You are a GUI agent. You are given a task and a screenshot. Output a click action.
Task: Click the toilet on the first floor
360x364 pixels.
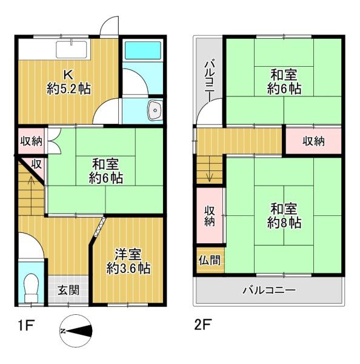click(x=31, y=288)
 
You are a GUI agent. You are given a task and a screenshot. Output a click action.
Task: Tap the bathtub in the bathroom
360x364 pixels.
click(x=142, y=50)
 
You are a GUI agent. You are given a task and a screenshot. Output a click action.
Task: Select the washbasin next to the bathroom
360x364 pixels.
click(x=155, y=110)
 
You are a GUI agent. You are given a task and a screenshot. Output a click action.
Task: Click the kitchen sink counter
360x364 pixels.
click(x=72, y=50)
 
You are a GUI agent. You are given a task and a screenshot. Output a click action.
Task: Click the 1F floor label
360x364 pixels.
click(x=26, y=325)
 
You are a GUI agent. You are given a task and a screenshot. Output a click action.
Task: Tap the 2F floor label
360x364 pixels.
click(x=202, y=325)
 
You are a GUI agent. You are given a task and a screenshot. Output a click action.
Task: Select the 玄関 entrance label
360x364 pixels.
click(x=68, y=290)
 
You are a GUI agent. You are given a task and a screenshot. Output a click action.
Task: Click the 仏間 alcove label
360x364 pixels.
click(x=210, y=260)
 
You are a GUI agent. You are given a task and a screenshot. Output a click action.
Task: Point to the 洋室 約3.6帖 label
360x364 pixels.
click(x=128, y=261)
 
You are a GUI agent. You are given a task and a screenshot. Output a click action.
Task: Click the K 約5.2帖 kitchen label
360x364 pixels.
click(x=68, y=82)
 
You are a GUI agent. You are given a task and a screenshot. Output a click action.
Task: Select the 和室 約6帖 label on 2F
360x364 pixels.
click(x=284, y=82)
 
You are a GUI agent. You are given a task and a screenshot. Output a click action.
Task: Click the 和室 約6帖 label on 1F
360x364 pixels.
click(x=106, y=171)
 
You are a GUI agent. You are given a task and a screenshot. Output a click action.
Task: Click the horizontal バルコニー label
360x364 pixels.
click(x=269, y=290)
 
